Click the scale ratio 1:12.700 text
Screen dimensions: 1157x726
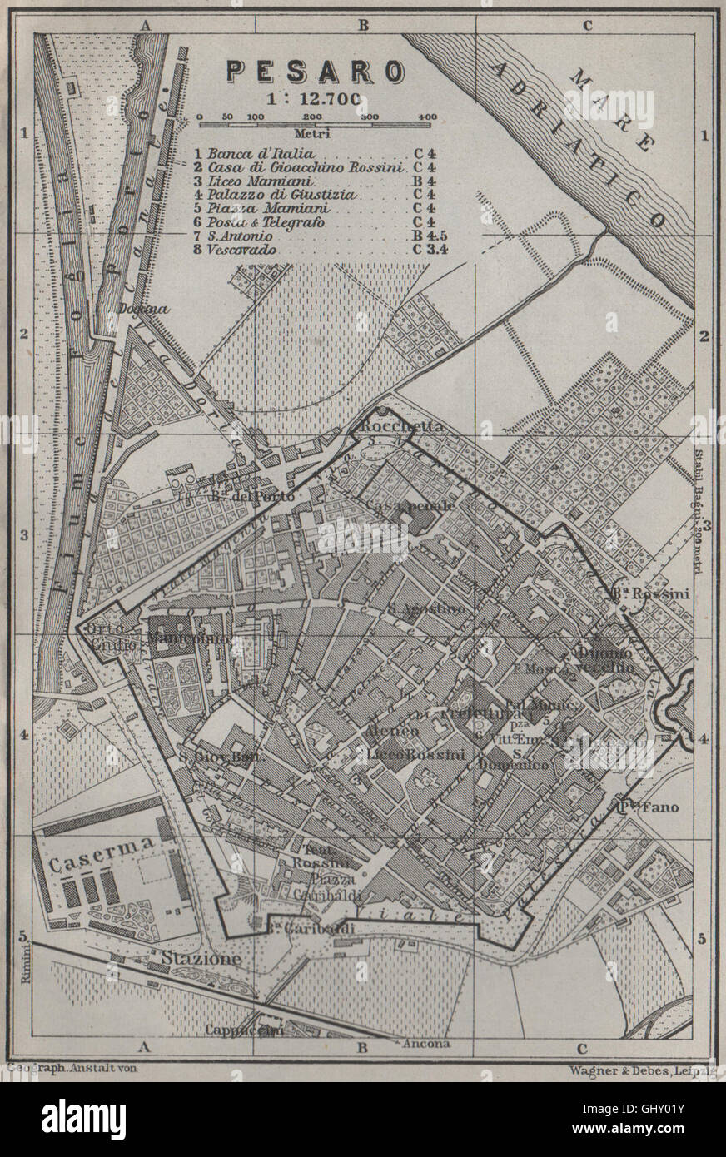click(x=314, y=97)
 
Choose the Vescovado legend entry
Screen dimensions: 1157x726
click(x=241, y=249)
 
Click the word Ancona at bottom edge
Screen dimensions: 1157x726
click(x=425, y=1044)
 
